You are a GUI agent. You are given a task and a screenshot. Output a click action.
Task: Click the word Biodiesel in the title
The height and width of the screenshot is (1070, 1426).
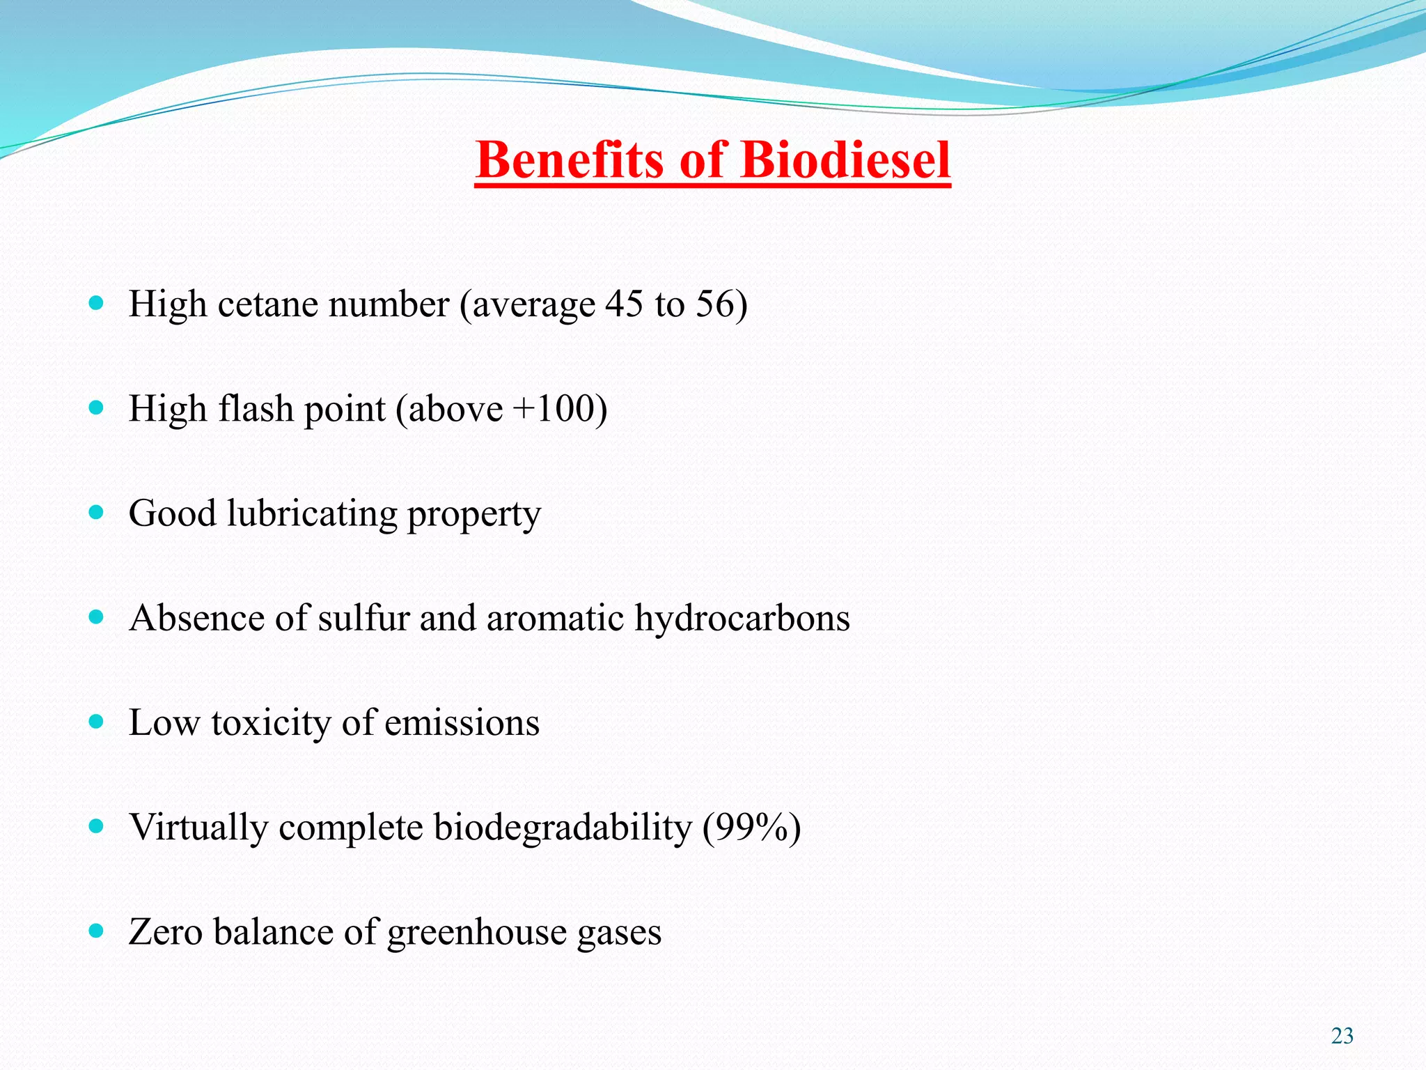tap(845, 160)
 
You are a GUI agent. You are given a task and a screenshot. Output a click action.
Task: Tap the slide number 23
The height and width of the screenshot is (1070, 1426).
tap(1342, 1036)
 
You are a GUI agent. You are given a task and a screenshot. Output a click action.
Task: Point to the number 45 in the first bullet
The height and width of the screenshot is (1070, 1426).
tap(624, 304)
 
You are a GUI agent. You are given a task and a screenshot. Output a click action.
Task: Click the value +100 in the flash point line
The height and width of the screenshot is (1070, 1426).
tap(554, 409)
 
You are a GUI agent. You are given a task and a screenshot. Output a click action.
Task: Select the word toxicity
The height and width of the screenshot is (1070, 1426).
tap(271, 723)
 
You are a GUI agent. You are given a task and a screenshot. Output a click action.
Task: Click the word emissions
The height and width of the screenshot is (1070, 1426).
tap(462, 723)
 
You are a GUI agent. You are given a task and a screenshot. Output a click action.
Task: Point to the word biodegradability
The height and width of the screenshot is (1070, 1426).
tap(563, 828)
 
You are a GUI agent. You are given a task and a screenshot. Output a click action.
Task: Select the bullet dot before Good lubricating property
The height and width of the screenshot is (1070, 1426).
tap(97, 513)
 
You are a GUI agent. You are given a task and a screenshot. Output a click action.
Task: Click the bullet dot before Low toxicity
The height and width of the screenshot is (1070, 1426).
tap(97, 722)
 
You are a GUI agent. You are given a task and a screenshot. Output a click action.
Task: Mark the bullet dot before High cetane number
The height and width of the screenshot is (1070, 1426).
tap(97, 303)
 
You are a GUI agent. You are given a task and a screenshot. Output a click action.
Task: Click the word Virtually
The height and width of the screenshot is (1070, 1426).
tap(198, 828)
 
